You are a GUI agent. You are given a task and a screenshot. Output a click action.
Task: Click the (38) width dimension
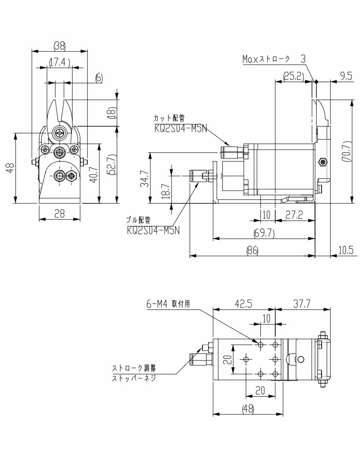[60, 46]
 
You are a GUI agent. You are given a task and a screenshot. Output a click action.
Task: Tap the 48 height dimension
[11, 168]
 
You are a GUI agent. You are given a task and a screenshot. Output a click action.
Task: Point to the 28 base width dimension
[60, 214]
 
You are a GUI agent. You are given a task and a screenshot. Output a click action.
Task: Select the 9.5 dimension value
[346, 76]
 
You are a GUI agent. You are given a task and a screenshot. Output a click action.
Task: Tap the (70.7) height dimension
[346, 151]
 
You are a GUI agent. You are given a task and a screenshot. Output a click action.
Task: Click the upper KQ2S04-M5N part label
[180, 128]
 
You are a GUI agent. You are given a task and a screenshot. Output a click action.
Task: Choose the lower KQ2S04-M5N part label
[153, 230]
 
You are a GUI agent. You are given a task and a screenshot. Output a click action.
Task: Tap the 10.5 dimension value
[346, 251]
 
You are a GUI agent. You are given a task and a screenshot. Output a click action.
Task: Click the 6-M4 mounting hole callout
[168, 304]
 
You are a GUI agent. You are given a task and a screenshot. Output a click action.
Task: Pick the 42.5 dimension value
[243, 304]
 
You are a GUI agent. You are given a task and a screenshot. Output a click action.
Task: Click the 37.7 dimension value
[302, 304]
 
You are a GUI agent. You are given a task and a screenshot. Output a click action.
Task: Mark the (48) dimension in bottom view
[248, 409]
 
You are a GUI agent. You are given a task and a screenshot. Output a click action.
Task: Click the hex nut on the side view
[322, 162]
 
